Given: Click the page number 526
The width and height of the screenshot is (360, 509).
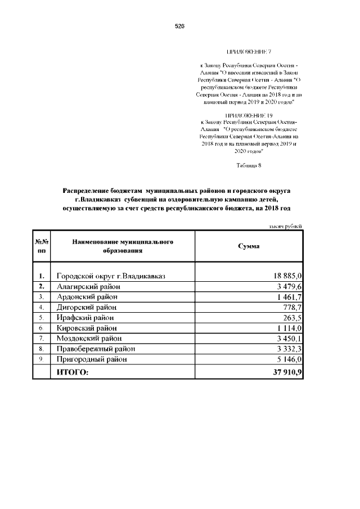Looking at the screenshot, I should (179, 26).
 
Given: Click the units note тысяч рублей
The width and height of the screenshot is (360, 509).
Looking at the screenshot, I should (286, 226).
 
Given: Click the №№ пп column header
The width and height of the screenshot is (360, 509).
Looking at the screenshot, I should (41, 246).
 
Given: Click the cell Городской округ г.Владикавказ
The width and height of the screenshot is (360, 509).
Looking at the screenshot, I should (110, 276).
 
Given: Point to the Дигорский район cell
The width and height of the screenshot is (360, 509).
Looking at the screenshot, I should (87, 307).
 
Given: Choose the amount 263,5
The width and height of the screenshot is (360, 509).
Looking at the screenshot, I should (293, 317).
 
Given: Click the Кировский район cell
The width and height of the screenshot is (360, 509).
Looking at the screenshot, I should (87, 328).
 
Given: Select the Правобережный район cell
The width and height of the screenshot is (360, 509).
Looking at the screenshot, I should (96, 349).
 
